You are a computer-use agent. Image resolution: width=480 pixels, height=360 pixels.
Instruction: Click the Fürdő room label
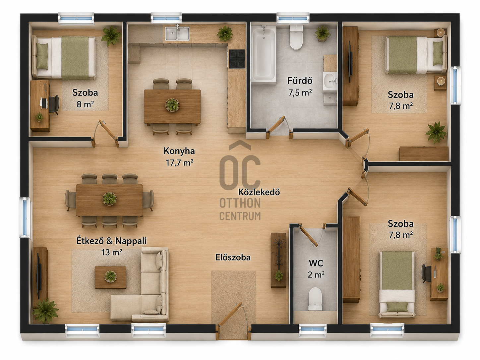[300, 81]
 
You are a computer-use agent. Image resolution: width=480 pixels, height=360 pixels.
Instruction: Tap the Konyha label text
[179, 151]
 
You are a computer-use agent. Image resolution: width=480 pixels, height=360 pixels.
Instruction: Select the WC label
[316, 263]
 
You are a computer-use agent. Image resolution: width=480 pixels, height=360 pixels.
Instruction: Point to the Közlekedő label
[259, 192]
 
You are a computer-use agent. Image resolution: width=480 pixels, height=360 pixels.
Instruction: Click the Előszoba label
[233, 257]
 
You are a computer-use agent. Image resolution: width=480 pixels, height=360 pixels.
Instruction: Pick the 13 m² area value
[111, 253]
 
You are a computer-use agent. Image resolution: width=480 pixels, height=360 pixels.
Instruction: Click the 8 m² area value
[85, 104]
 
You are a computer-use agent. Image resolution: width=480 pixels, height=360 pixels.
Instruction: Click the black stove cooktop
[237, 59]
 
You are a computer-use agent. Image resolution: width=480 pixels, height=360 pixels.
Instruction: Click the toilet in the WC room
[315, 298]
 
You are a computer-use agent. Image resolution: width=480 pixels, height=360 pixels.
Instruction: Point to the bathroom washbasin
[330, 81]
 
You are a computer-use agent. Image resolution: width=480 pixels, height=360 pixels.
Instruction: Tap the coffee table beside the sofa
[110, 277]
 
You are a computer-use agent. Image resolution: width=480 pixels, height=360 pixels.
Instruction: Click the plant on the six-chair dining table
[109, 198]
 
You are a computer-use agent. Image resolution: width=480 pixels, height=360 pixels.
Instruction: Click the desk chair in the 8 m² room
[54, 104]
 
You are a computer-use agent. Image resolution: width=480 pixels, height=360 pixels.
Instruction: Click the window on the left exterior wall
[25, 217]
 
